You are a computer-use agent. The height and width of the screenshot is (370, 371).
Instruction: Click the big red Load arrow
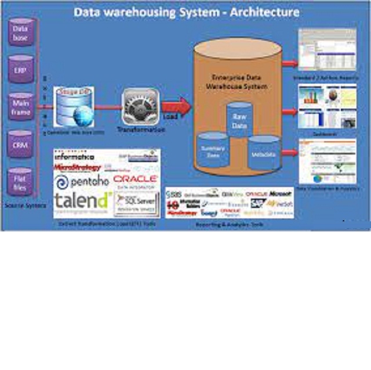point(176,108)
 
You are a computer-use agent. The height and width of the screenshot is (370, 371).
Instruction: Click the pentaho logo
point(82,182)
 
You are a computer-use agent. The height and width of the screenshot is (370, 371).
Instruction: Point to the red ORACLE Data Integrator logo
point(136,180)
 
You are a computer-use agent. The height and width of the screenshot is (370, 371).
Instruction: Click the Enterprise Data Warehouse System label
point(237,81)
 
